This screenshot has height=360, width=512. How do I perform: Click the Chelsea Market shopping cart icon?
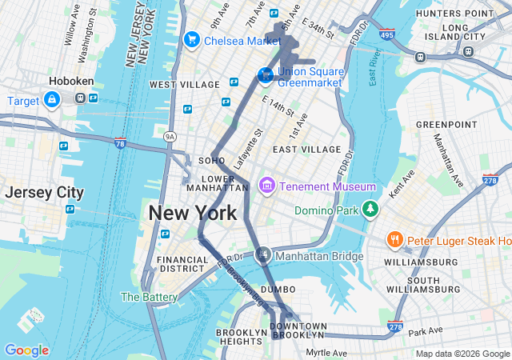[x=192, y=39]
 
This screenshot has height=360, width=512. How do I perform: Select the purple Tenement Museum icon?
[x=267, y=186]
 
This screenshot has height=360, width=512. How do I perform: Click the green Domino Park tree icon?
[x=370, y=210]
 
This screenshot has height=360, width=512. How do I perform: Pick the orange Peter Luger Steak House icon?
[x=394, y=240]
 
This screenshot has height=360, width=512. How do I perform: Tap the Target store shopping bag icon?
[x=51, y=99]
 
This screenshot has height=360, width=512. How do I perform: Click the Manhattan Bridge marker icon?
[x=262, y=256]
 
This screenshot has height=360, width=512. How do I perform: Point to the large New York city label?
[x=193, y=214]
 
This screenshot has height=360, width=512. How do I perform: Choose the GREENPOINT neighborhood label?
[x=446, y=125]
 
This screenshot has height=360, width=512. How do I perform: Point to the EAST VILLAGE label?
[x=306, y=150]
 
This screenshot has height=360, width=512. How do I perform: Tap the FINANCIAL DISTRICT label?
[x=182, y=265]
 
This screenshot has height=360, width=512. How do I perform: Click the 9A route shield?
[x=170, y=137]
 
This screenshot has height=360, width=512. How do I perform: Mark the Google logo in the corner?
[x=26, y=350]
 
